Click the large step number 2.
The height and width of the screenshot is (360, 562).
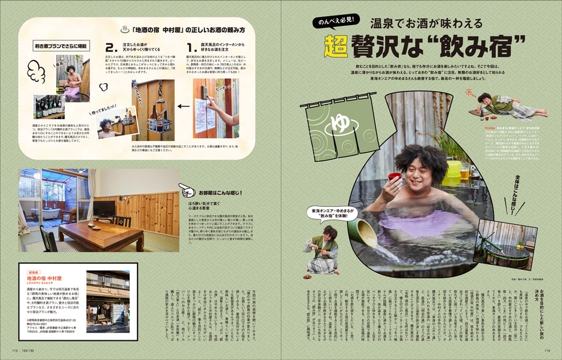point(109,47)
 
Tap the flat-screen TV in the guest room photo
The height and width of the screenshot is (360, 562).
point(103,208)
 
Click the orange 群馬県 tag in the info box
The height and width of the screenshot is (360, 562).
point(33,271)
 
